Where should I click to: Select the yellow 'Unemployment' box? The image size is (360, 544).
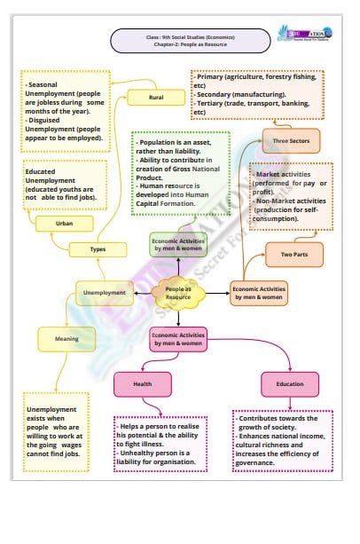(104, 292)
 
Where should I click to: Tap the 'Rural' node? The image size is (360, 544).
(156, 97)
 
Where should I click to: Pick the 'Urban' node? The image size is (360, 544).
(64, 224)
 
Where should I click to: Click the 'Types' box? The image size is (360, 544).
(98, 249)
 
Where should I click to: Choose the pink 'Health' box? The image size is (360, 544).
(143, 383)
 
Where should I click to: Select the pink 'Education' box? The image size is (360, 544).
(290, 383)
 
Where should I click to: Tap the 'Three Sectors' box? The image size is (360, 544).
(291, 140)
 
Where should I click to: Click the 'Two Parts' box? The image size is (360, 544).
(293, 256)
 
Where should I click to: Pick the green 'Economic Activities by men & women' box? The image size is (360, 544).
(178, 244)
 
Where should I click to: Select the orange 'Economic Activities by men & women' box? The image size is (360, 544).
(259, 292)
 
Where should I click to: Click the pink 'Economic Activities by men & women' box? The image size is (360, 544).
(178, 338)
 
